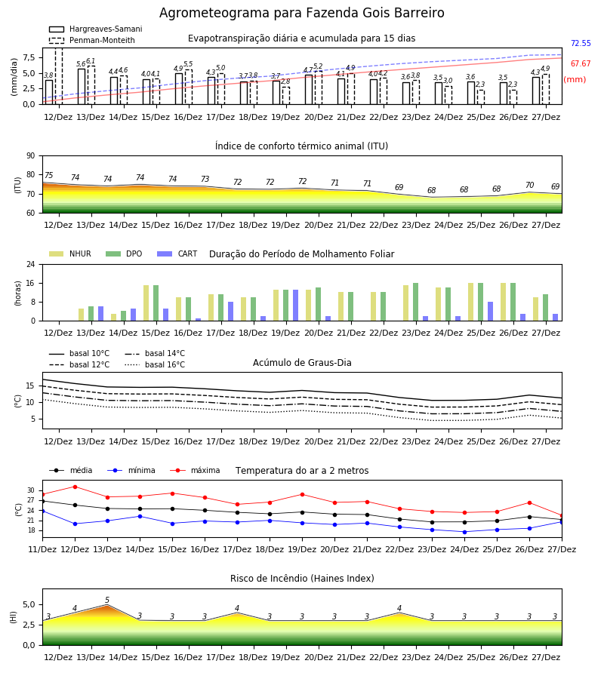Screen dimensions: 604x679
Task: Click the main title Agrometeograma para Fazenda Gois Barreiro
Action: (301, 13)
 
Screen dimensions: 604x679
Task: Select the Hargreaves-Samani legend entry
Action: (96, 29)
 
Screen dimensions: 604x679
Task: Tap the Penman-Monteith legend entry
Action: (92, 40)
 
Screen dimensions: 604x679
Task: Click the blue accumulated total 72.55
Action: (581, 43)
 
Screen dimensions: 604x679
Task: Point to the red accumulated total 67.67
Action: (581, 63)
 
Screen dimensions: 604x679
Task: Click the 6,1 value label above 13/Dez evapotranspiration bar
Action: (91, 61)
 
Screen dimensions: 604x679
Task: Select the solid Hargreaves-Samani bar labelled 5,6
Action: (82, 87)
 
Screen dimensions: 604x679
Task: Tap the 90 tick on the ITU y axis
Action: (31, 156)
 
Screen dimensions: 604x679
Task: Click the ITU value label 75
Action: (48, 175)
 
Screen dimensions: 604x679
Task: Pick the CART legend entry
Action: (177, 253)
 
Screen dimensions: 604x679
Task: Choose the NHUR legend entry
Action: (70, 253)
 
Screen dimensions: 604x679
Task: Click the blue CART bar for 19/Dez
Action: (295, 306)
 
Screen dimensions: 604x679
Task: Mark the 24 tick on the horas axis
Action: (31, 264)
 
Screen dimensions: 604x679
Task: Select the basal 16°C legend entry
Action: (155, 364)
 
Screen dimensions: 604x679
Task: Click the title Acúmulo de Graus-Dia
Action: (302, 363)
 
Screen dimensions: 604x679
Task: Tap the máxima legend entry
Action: (195, 470)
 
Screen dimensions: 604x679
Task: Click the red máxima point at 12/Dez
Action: (75, 487)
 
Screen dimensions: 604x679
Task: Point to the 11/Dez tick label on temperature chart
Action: (42, 549)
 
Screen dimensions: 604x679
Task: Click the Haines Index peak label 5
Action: (107, 601)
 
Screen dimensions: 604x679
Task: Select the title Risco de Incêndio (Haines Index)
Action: (302, 579)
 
